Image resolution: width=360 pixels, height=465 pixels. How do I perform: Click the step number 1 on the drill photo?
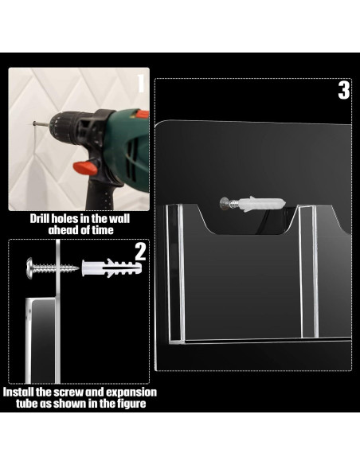pos(141,84)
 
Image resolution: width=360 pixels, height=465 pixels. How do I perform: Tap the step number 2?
pos(140,252)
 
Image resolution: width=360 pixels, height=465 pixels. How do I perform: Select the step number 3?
pos(344,90)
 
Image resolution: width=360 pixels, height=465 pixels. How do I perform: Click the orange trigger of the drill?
pos(85,167)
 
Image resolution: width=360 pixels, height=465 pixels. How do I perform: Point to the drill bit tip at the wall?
pos(33,123)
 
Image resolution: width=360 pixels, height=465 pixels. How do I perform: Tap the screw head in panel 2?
pos(30,268)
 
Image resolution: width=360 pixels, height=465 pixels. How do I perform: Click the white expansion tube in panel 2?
pos(112,268)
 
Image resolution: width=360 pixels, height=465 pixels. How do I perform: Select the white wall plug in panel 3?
pos(262,204)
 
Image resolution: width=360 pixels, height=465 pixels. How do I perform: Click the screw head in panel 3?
pos(224,204)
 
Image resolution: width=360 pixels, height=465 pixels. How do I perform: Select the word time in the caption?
pos(103,230)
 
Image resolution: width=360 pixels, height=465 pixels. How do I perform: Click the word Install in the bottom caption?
pos(18,392)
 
